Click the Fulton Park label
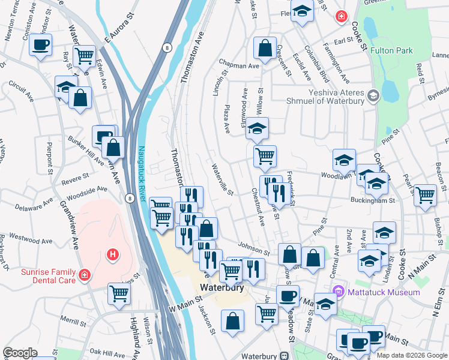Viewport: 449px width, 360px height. point(391,51)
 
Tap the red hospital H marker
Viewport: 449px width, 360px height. point(111,255)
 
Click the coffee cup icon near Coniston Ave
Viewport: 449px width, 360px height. point(40,45)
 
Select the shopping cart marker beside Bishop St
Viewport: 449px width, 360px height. point(425,195)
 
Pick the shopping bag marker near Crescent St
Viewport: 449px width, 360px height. point(264,47)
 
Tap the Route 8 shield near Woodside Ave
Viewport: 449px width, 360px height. point(130,197)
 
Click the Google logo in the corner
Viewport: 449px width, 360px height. point(20,353)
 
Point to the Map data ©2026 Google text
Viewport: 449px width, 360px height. point(411,355)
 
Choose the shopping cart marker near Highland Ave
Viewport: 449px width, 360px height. point(119,294)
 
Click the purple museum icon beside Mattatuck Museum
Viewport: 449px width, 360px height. point(340,292)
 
